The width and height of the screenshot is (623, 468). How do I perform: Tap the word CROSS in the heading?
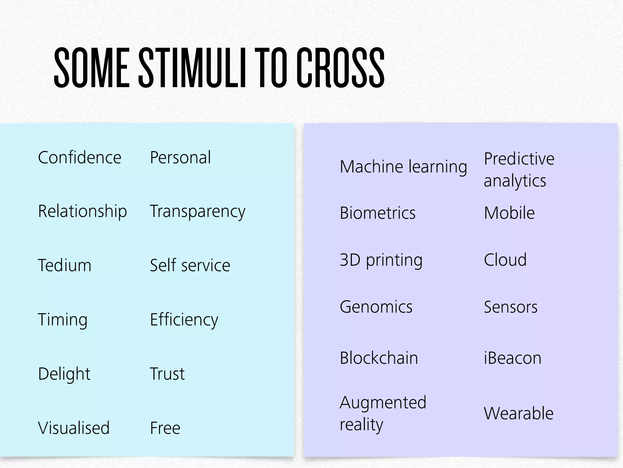click(340, 68)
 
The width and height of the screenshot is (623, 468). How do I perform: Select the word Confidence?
click(79, 158)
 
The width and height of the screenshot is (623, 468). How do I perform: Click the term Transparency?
click(197, 211)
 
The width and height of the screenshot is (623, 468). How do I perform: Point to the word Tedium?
click(64, 265)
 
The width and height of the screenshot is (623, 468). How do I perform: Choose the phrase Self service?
click(190, 265)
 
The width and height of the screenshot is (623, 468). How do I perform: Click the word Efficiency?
click(184, 320)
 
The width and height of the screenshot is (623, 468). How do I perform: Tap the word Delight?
click(64, 374)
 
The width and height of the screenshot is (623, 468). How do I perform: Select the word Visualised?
click(74, 428)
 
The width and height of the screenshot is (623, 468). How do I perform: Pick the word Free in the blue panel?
click(165, 428)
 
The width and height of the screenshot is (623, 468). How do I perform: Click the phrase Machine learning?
click(403, 167)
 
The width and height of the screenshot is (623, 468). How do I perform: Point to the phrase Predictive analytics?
click(518, 169)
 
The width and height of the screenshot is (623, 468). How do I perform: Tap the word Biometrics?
click(377, 213)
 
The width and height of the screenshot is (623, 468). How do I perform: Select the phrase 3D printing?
click(381, 260)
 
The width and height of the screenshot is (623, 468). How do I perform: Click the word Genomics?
click(376, 307)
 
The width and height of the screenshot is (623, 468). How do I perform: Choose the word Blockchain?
click(379, 358)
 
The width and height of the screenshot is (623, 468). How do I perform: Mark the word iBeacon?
click(512, 358)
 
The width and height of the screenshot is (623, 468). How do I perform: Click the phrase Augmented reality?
click(383, 413)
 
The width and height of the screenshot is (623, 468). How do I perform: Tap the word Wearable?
click(518, 413)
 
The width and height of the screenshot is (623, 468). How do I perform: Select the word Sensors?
click(510, 307)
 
